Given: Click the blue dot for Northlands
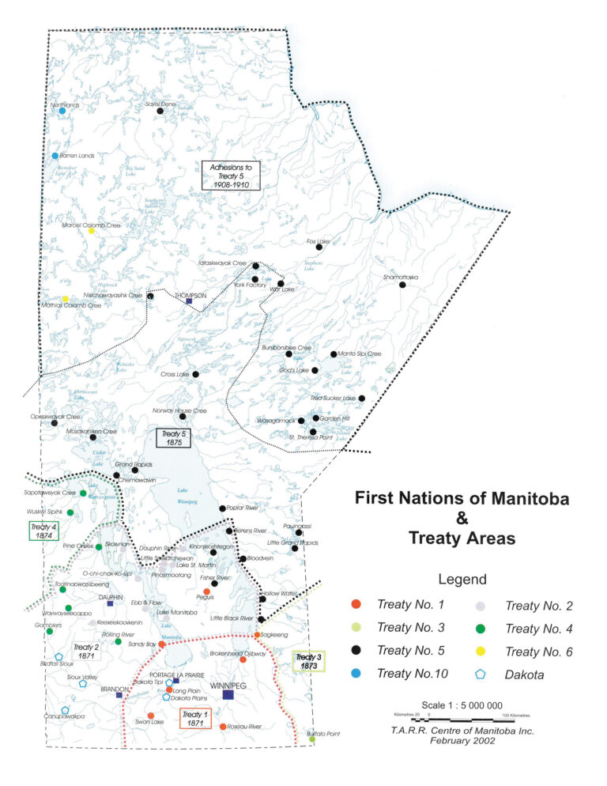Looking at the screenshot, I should coord(62,111).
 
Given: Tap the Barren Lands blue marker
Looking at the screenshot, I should coord(55,156).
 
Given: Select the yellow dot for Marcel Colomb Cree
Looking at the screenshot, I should coord(91,231).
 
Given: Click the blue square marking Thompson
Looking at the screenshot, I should coord(189,301).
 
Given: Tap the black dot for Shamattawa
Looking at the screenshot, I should coord(402,285).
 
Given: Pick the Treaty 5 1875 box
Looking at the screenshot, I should coord(172,437).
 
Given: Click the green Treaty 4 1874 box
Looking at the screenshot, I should coord(44,531).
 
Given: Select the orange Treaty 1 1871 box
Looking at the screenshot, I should coord(194,717).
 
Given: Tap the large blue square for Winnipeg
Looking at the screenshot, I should coord(228,694).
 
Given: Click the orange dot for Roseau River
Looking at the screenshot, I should coord(223,726).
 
